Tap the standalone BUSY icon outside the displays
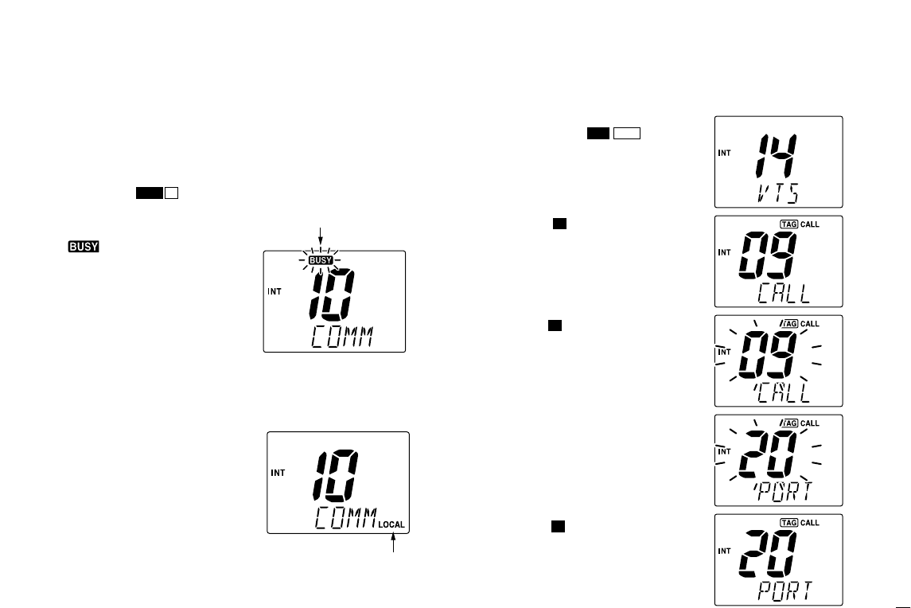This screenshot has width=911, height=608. [x=83, y=247]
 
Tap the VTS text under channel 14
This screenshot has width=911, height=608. [x=775, y=193]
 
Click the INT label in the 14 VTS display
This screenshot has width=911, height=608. [x=725, y=153]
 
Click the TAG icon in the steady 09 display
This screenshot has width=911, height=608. [x=789, y=224]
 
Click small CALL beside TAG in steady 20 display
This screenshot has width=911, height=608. [x=809, y=523]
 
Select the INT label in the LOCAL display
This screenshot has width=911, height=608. [x=278, y=473]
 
